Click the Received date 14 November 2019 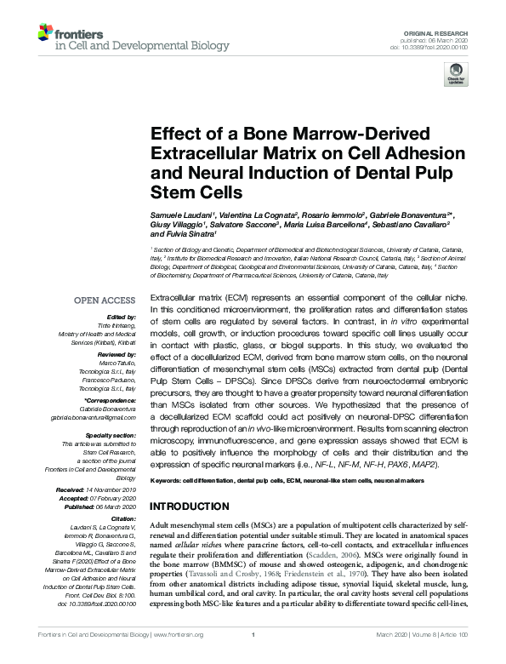(x=115, y=491)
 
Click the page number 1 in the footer (x=253, y=657)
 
